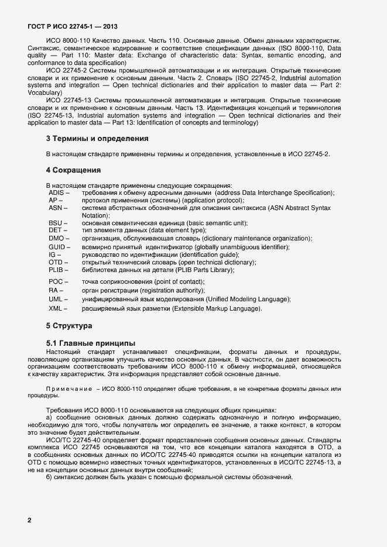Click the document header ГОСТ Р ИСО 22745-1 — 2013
tap(73, 26)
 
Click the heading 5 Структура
tap(69, 325)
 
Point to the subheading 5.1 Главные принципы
tap(90, 342)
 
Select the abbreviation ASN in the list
tap(56, 208)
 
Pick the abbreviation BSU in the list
tap(56, 223)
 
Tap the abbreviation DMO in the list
tap(57, 239)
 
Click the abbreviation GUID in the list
tap(57, 247)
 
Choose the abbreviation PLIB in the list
tap(57, 270)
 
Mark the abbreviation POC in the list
tap(56, 282)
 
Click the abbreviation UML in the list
tap(56, 299)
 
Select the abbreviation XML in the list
tap(56, 308)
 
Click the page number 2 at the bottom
tap(29, 520)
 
